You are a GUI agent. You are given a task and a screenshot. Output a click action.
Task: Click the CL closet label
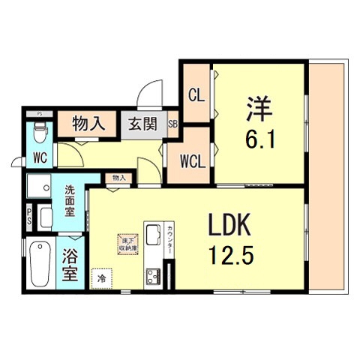[196, 95]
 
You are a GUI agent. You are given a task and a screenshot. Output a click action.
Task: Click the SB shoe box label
[172, 124]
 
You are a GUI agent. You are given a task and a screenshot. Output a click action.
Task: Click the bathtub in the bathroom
[39, 265]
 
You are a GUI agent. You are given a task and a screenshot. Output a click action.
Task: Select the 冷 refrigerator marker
[101, 278]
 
